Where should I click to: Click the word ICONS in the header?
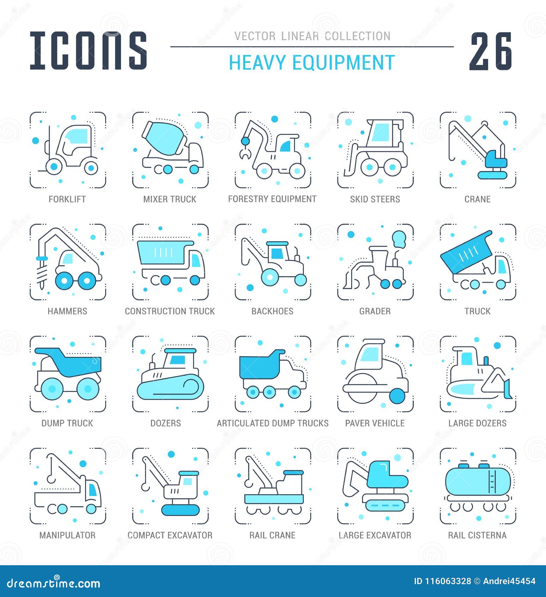(88, 50)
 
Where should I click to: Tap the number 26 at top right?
(491, 51)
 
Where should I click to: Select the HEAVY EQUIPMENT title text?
(312, 63)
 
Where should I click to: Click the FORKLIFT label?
(67, 199)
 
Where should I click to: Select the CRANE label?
(477, 199)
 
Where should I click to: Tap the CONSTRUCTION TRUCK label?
(170, 311)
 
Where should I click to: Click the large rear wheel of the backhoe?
(270, 277)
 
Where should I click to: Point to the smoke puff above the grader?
(399, 238)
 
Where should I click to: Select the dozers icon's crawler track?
(170, 388)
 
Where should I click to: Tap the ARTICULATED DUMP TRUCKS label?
(272, 423)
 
